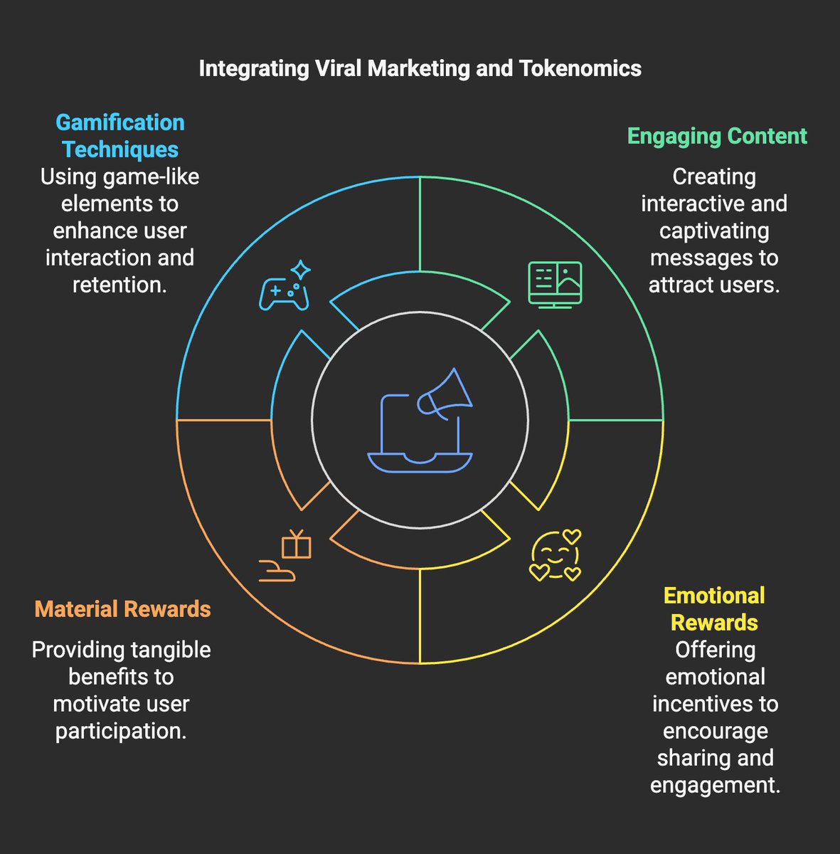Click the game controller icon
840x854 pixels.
click(x=284, y=294)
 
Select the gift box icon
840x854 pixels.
click(x=297, y=545)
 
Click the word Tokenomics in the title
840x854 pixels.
click(x=580, y=68)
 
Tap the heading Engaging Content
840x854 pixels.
click(x=717, y=136)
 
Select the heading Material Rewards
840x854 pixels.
click(x=122, y=609)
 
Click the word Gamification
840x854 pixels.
click(x=120, y=122)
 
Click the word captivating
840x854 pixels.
click(x=714, y=231)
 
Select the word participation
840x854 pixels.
click(x=121, y=731)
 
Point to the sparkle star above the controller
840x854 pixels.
click(x=301, y=270)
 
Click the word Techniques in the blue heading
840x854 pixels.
click(x=120, y=149)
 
